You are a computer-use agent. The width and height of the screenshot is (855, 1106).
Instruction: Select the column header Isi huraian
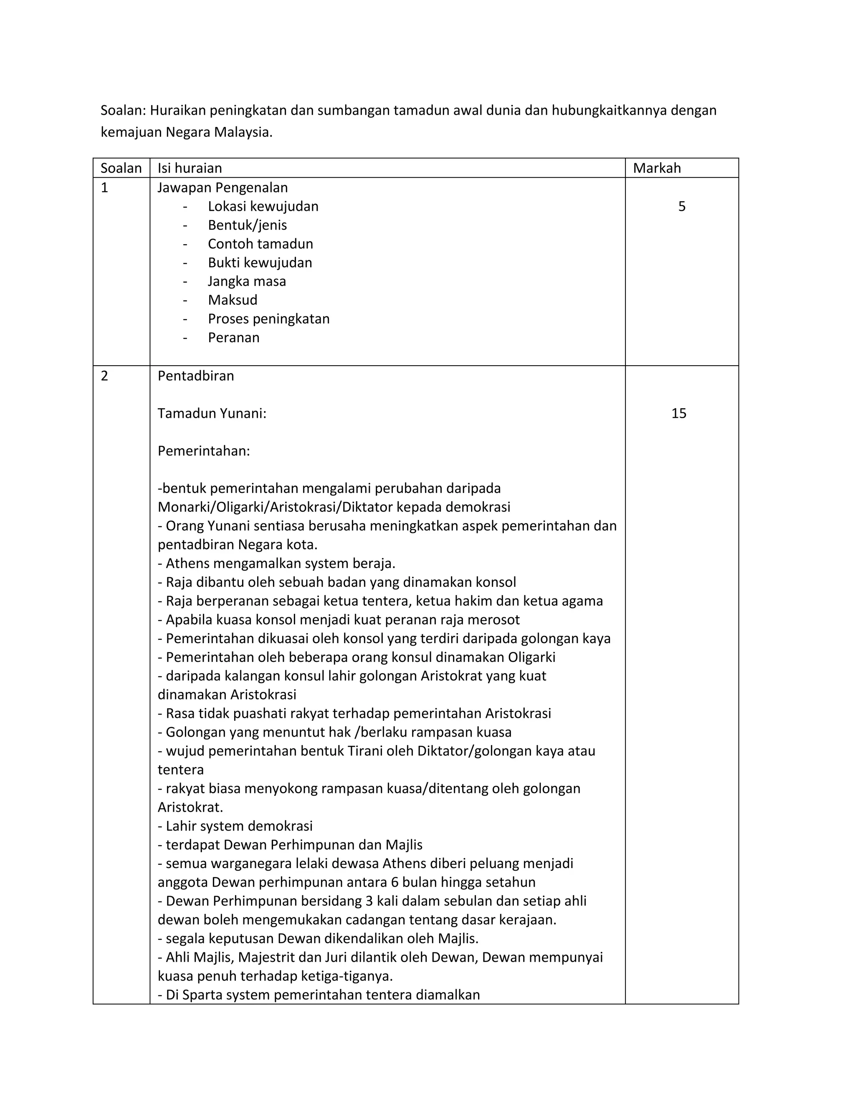190,168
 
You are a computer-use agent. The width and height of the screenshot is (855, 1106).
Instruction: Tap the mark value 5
681,207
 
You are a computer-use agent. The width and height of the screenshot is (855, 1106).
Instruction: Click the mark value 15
678,414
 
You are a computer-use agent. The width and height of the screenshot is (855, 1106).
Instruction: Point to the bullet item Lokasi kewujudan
263,207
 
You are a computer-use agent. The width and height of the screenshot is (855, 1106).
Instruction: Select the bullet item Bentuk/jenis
247,225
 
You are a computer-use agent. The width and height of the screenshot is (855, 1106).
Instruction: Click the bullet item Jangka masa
247,282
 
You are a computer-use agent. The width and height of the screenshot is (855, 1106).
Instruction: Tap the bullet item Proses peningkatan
268,319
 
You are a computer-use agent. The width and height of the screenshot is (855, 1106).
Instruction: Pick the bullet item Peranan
233,338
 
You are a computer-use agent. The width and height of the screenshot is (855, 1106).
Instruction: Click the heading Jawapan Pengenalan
223,188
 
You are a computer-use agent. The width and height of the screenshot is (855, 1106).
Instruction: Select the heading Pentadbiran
195,376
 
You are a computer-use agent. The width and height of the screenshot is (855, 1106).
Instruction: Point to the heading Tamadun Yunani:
212,414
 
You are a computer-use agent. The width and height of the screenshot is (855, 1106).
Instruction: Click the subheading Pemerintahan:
204,451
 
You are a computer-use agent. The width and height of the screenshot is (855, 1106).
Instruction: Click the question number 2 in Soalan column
104,376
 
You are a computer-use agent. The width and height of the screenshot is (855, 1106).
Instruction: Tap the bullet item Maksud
233,300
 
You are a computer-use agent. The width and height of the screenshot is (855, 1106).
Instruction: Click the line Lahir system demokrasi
238,826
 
